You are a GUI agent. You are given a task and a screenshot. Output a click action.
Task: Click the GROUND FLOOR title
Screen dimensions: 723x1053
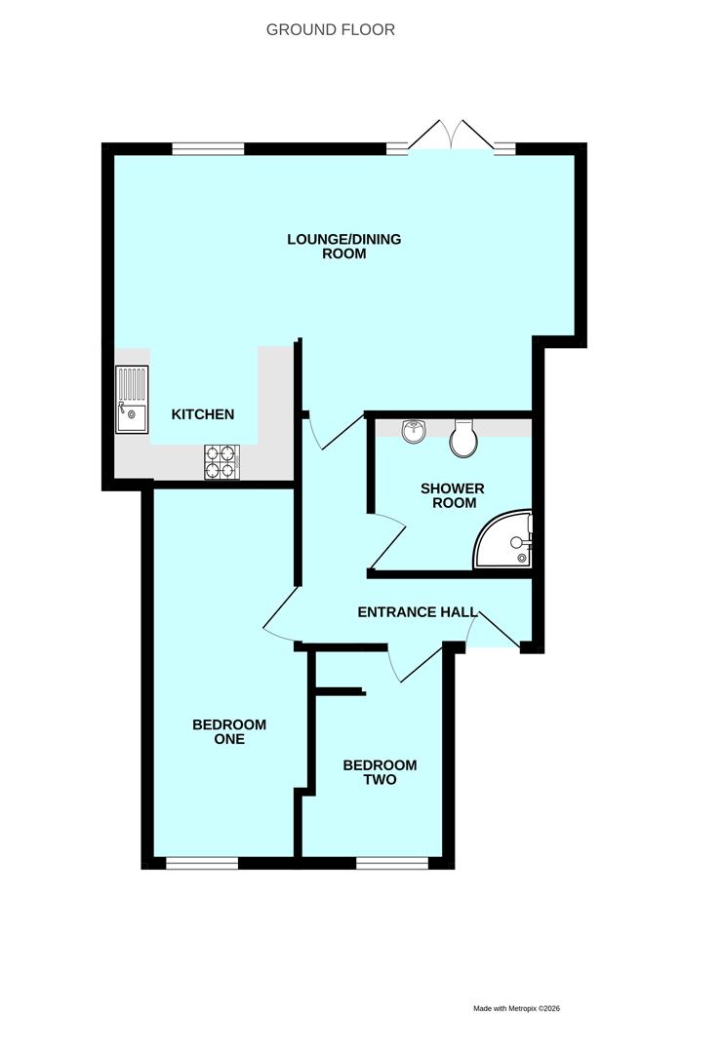click(331, 29)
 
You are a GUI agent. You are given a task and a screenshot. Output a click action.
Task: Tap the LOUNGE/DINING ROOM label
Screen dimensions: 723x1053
click(344, 246)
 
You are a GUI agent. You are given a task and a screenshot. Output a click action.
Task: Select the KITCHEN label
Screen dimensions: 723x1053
click(203, 414)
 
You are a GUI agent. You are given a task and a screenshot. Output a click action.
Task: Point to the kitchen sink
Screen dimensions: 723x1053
click(132, 400)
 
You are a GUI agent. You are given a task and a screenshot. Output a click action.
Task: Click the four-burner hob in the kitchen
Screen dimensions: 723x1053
click(222, 462)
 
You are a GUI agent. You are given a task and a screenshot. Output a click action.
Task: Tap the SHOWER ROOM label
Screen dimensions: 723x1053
click(452, 495)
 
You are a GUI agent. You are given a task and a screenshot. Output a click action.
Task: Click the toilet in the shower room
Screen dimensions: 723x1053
click(462, 439)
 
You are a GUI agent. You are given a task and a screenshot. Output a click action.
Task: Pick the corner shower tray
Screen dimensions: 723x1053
click(503, 539)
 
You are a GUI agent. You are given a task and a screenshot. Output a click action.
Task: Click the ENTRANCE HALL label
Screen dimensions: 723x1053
click(418, 611)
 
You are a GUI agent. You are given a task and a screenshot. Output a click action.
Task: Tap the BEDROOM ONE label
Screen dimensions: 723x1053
click(229, 731)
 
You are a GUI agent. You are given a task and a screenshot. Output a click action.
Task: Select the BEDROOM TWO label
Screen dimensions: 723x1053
click(380, 772)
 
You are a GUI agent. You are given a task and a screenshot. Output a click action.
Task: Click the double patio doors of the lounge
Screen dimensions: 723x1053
click(452, 135)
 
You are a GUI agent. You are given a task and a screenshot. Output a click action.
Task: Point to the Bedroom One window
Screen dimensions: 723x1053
click(202, 863)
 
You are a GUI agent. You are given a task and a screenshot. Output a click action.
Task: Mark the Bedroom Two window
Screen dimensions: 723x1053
click(392, 863)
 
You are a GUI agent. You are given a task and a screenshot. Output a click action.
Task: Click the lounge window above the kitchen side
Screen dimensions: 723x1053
click(208, 149)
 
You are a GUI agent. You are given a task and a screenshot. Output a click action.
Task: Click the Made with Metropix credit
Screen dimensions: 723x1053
click(517, 1008)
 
